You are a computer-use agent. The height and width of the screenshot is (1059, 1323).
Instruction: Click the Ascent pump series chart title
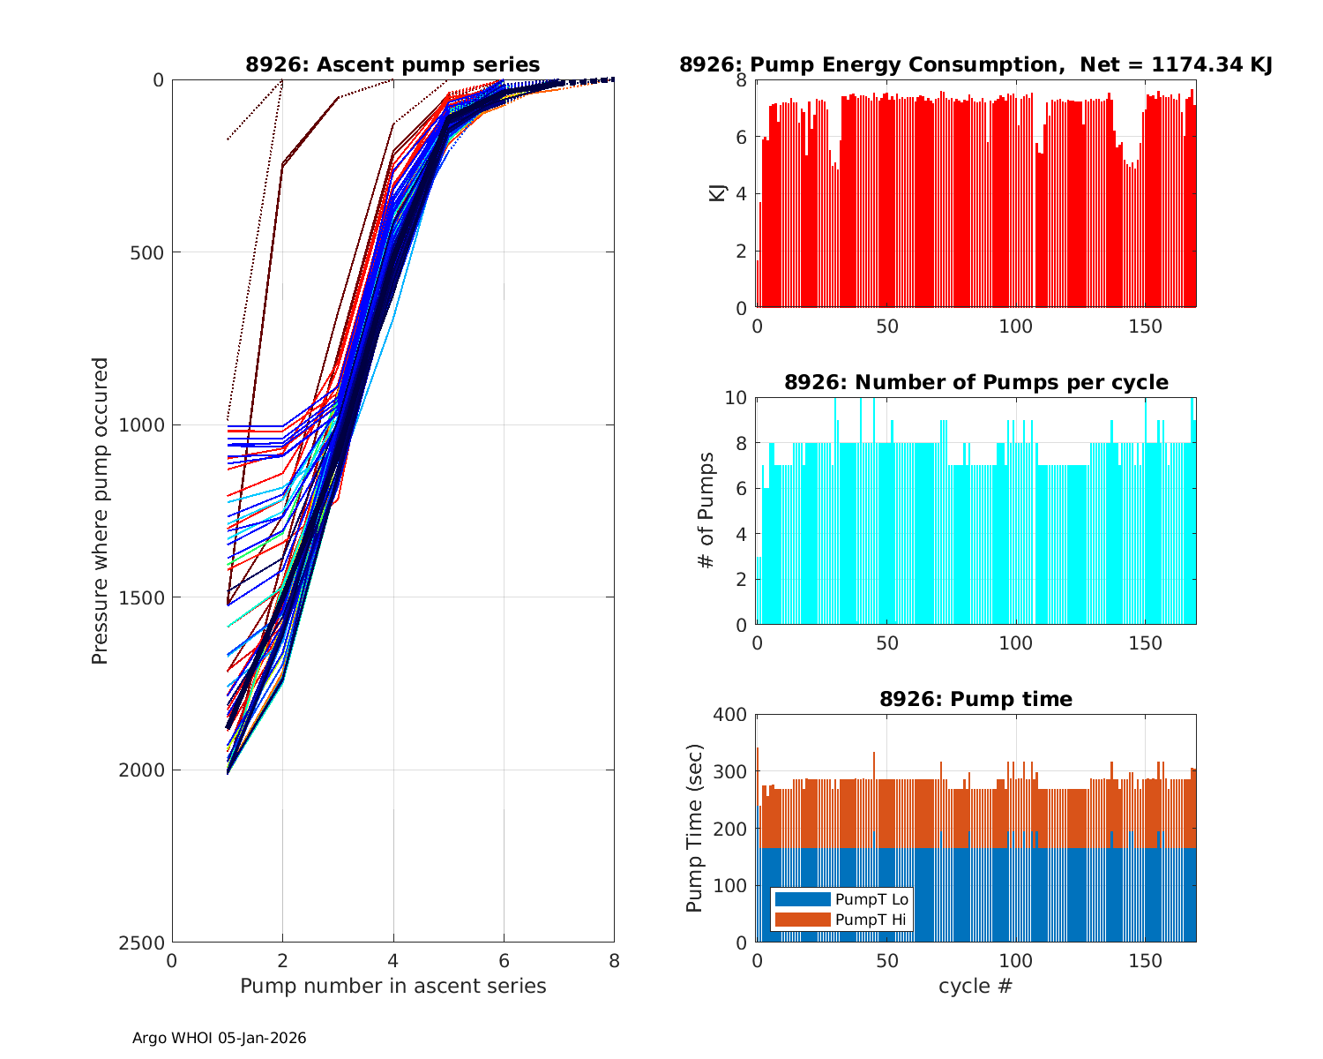[392, 64]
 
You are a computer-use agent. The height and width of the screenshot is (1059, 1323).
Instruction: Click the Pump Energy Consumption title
[975, 64]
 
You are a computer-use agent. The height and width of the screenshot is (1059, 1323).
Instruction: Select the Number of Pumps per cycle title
[975, 382]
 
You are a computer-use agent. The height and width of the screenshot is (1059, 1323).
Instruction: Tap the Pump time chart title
[975, 699]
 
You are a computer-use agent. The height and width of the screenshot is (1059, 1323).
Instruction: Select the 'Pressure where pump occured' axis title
[101, 511]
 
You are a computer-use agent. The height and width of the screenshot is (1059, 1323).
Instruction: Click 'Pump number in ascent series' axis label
[392, 986]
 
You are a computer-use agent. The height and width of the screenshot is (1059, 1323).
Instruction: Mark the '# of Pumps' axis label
[706, 511]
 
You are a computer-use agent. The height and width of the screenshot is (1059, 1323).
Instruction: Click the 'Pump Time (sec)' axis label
[695, 829]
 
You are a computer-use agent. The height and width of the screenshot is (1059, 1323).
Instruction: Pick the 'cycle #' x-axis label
[975, 986]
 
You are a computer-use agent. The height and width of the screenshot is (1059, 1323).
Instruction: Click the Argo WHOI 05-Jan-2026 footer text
[219, 1038]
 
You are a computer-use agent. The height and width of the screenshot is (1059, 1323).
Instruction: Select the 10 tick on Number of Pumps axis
[736, 398]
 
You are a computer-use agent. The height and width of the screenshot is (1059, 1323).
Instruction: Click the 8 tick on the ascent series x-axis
[614, 960]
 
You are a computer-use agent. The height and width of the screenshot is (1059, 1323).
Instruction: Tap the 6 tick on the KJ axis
[742, 138]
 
